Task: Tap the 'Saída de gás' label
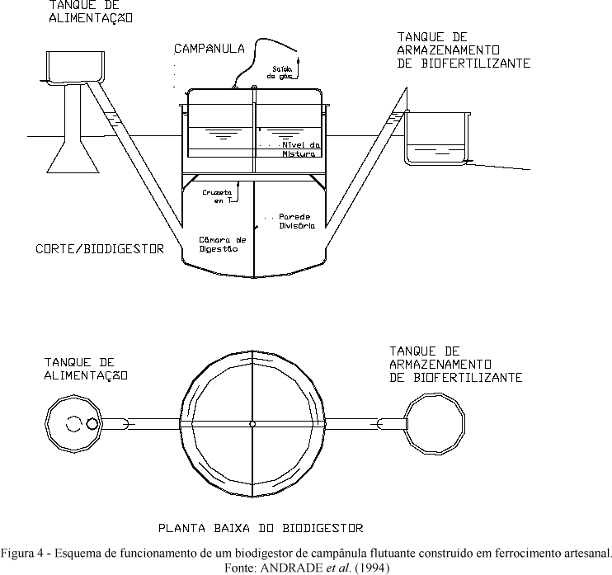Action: point(280,72)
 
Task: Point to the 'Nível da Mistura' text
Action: point(299,148)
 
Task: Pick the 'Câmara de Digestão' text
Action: point(218,244)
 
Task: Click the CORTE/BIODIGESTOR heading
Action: point(100,248)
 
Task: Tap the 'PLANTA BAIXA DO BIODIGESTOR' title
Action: point(260,526)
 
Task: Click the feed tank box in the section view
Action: point(70,65)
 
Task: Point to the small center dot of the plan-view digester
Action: point(253,424)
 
